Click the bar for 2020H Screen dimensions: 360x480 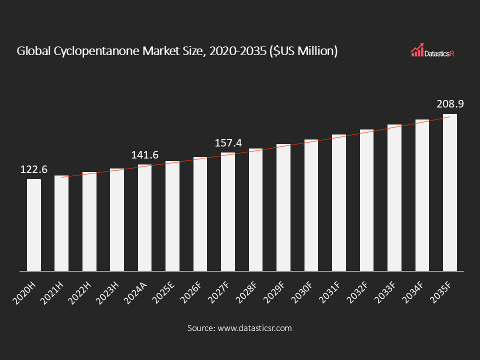coord(34,225)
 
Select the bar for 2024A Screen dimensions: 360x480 coord(144,217)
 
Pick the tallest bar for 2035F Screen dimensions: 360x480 coord(449,192)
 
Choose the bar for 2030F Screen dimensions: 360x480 coord(311,205)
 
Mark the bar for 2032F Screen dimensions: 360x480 coord(366,200)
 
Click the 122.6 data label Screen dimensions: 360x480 coord(34,170)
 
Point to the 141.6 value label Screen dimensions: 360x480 coord(144,155)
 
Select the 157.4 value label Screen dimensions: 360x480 coord(228,143)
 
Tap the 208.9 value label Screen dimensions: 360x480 coord(449,104)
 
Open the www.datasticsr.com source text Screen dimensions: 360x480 coord(253,328)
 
